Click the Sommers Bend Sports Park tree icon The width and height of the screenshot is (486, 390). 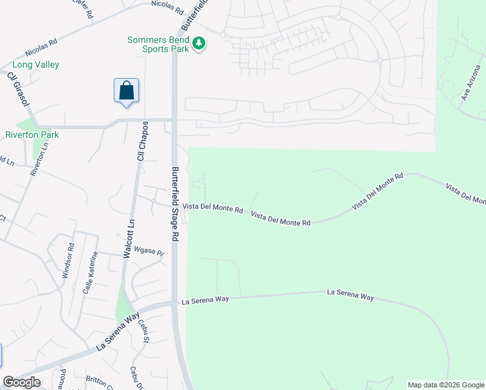199,44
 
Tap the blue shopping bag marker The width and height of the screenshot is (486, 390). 127,91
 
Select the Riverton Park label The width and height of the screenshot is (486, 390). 32,135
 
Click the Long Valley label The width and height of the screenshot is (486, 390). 36,64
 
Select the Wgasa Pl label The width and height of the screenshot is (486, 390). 146,250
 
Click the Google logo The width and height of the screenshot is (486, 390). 21,382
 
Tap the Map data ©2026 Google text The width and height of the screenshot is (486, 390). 445,385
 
